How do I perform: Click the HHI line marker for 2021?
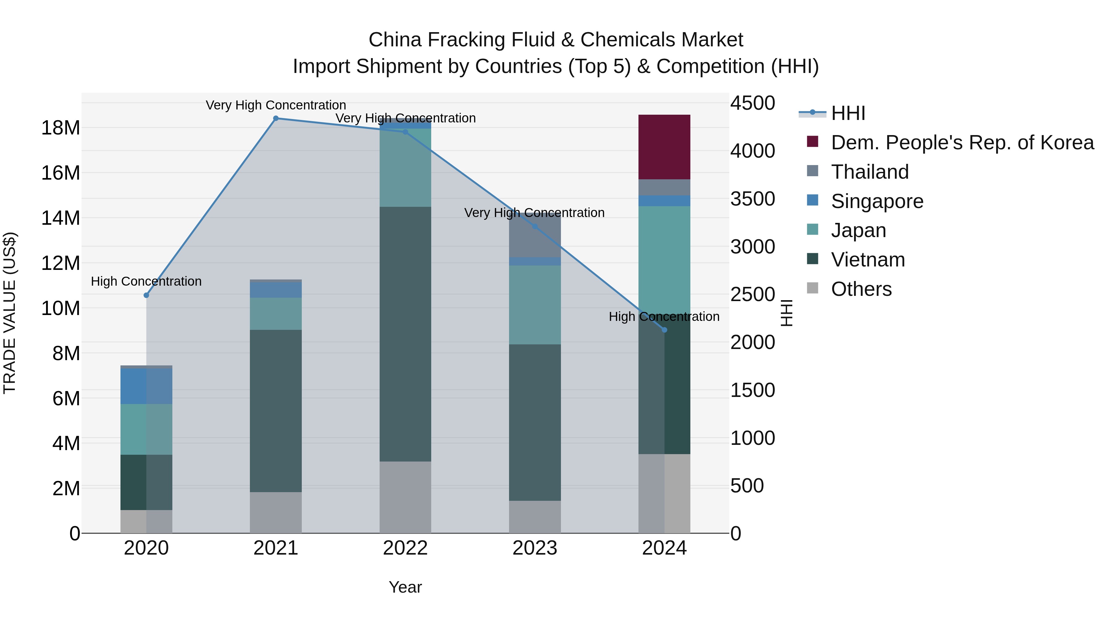276,118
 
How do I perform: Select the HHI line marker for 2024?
664,330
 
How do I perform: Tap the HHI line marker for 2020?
146,296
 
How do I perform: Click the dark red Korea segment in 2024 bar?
664,147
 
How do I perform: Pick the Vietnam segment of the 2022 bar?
405,334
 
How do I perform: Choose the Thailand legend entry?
870,172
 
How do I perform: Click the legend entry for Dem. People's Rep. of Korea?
962,143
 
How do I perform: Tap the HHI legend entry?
848,113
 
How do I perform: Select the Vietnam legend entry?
868,260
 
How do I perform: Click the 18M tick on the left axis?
61,128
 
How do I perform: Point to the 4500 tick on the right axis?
752,103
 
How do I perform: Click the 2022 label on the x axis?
405,548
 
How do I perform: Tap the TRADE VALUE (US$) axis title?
10,313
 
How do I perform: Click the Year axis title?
405,587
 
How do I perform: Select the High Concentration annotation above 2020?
146,281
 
